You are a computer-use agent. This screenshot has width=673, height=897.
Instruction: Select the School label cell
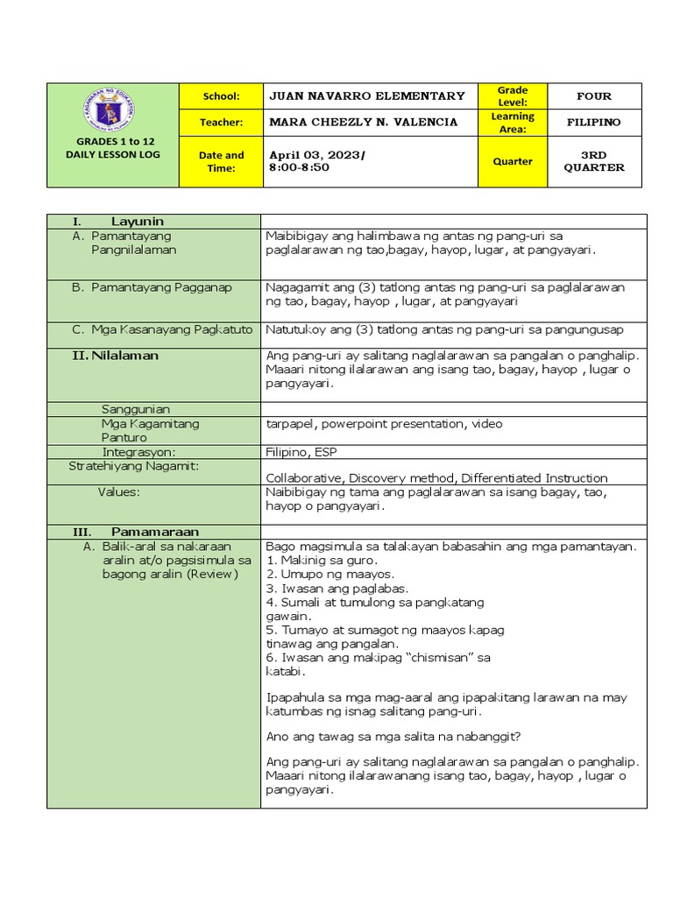[x=221, y=96]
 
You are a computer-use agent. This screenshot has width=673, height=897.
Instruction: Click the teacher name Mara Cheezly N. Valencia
[x=363, y=122]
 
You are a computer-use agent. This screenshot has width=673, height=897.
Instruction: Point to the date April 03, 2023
[x=315, y=155]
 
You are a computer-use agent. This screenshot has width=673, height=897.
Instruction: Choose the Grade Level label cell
[x=513, y=96]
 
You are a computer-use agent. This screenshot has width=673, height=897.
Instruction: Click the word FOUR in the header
[x=594, y=96]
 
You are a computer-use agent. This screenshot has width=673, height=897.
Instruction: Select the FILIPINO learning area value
[x=594, y=122]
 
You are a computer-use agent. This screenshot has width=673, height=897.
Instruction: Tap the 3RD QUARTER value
[x=594, y=161]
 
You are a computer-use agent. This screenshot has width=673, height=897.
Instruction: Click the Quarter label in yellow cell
[x=513, y=161]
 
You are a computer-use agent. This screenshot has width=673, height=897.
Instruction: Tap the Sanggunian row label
[x=136, y=409]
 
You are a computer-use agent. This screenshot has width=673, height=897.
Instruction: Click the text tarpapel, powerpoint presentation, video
[x=384, y=424]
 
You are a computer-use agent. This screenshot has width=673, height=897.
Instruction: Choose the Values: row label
[x=118, y=492]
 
